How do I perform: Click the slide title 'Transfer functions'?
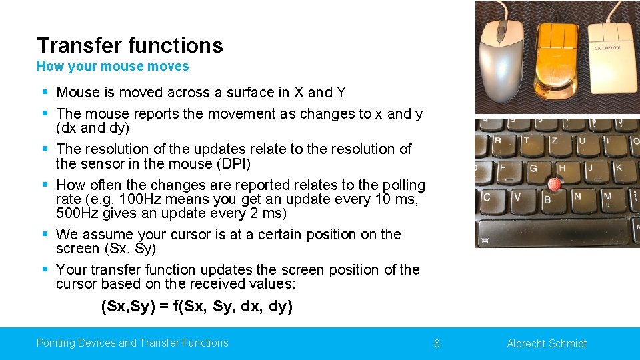tap(130, 45)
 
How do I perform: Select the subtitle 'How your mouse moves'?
tap(113, 66)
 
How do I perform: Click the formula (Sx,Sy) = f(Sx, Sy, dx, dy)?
tap(197, 307)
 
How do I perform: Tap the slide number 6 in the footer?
tap(437, 343)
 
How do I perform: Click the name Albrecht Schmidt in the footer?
tap(547, 343)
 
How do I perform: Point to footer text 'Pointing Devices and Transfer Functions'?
tap(132, 343)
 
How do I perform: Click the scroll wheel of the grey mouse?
tap(501, 29)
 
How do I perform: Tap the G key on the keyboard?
tap(533, 169)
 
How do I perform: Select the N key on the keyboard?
tap(577, 197)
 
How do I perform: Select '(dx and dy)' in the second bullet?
tap(93, 128)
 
